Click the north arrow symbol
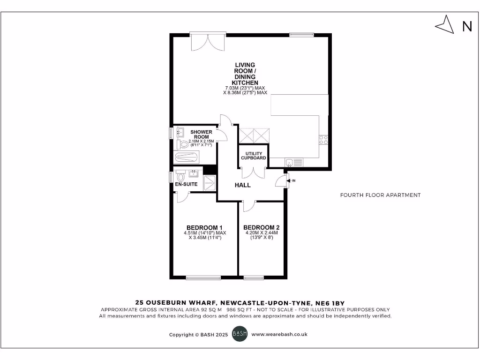pyautogui.click(x=445, y=24)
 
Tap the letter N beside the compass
pyautogui.click(x=467, y=27)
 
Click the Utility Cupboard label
pyautogui.click(x=254, y=155)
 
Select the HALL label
pyautogui.click(x=242, y=185)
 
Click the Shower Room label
pyautogui.click(x=201, y=134)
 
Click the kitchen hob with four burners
pyautogui.click(x=323, y=139)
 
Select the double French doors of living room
pyautogui.click(x=208, y=42)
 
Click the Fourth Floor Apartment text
pyautogui.click(x=380, y=195)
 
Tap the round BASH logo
pyautogui.click(x=239, y=335)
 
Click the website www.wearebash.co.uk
pyautogui.click(x=279, y=335)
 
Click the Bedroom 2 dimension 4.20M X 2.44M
pyautogui.click(x=262, y=232)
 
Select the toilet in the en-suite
pyautogui.click(x=180, y=177)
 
